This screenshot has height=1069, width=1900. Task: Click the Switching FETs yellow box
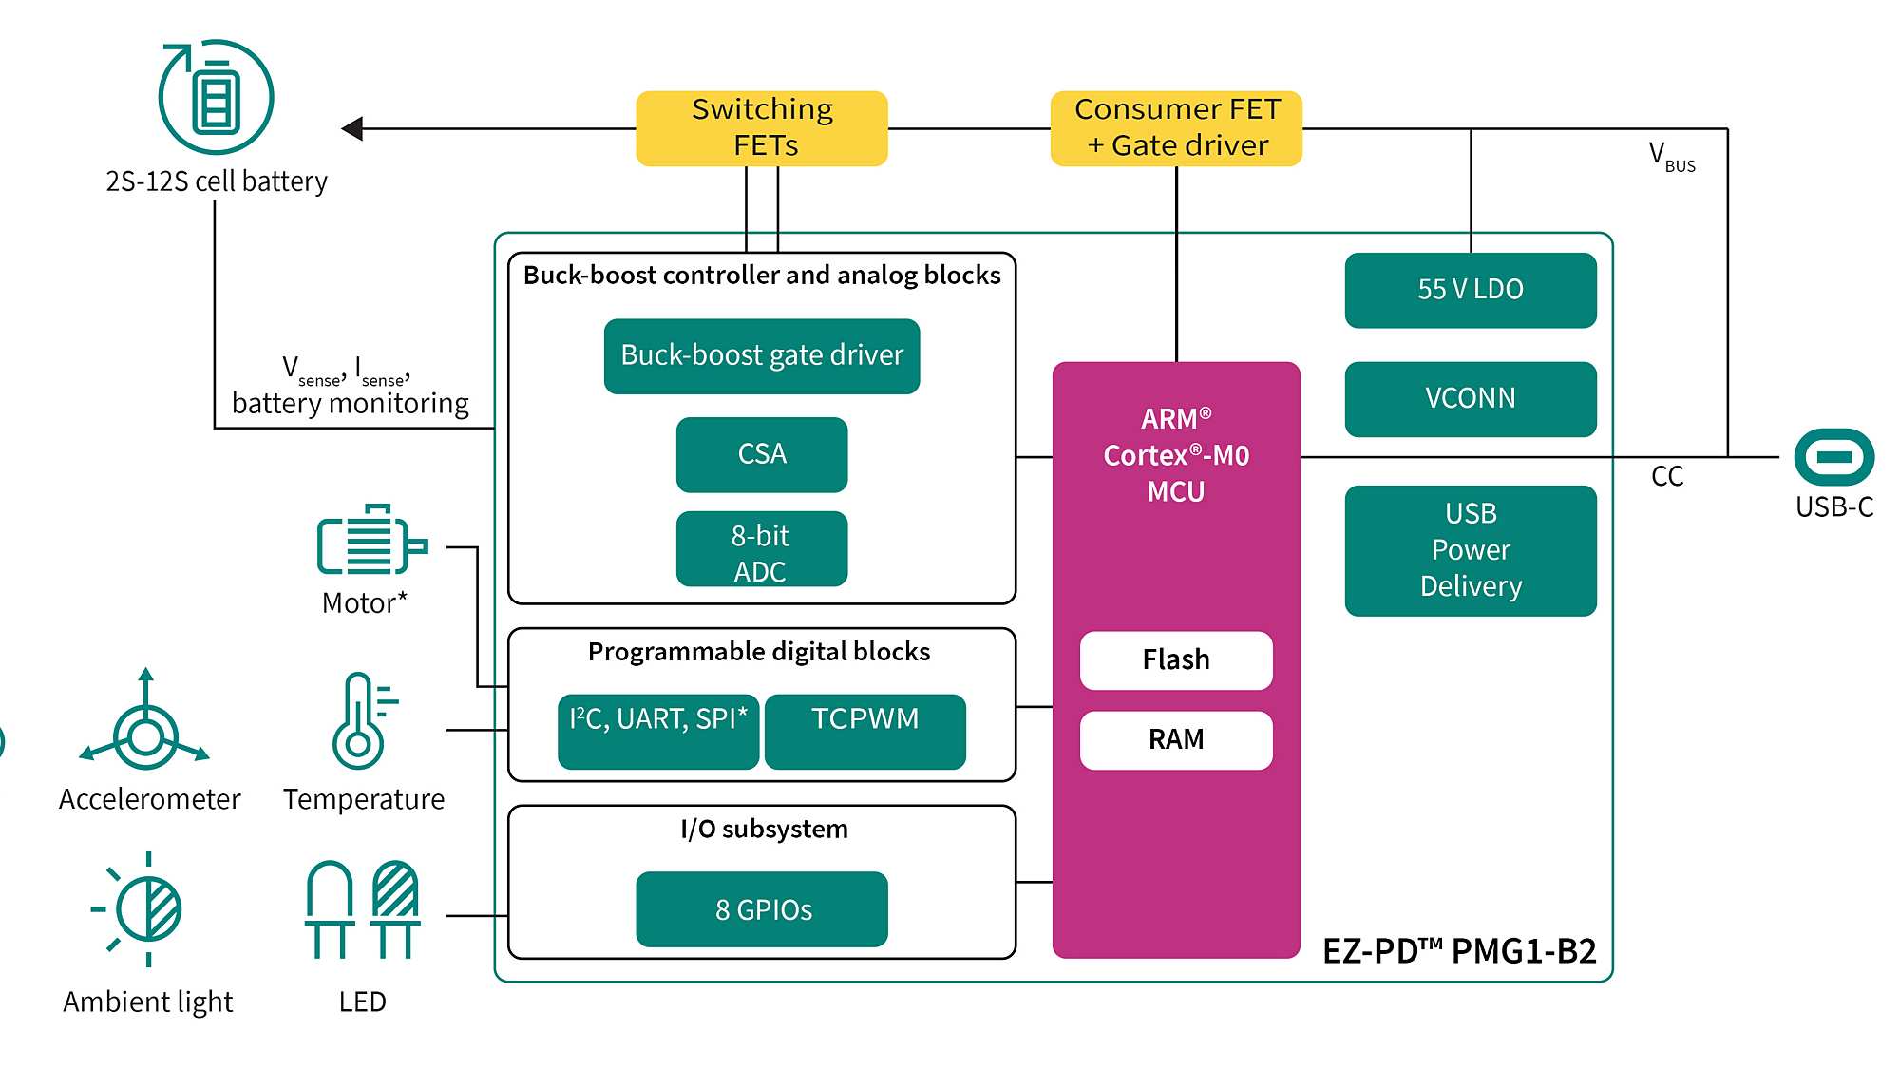(762, 128)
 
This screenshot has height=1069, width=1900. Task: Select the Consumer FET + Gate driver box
(1176, 128)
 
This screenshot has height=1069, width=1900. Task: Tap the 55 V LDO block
(1471, 290)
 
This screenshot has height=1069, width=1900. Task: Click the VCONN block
(1471, 399)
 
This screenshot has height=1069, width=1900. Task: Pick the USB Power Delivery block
(1471, 550)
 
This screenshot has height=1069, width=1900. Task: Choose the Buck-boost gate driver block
(762, 356)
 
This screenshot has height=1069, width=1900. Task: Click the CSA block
(762, 454)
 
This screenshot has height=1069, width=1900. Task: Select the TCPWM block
(865, 731)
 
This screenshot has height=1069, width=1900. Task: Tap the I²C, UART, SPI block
(658, 731)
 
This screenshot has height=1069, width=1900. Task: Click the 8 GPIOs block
(762, 909)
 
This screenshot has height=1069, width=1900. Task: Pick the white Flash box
(1176, 660)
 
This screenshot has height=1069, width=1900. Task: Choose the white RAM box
(1176, 740)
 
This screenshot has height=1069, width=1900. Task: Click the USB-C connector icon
(1833, 457)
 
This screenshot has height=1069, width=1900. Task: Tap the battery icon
(217, 97)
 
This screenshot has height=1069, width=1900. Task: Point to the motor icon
(370, 542)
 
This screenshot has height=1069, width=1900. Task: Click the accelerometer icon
(145, 727)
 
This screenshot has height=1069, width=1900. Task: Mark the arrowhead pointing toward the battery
(353, 128)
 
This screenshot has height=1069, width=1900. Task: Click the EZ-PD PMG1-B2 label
(1459, 951)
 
